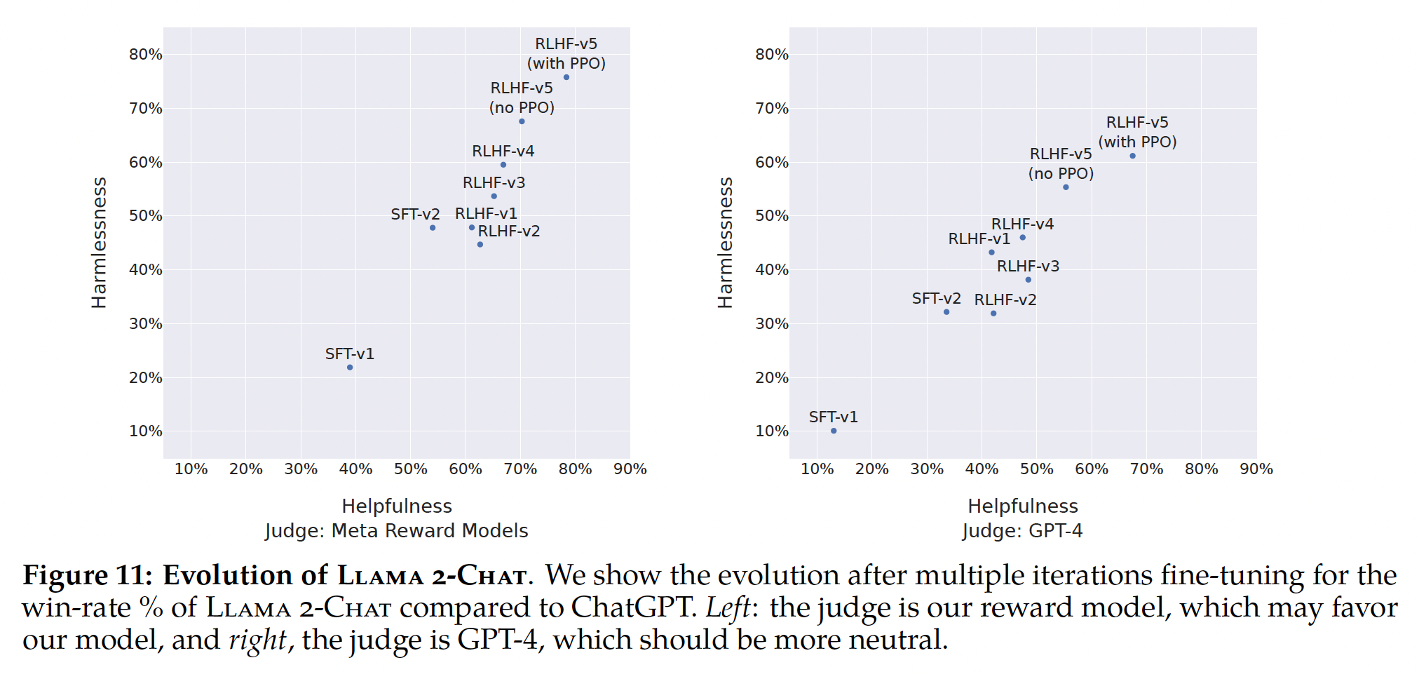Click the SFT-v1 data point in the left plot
[350, 368]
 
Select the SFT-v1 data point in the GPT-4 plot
[834, 431]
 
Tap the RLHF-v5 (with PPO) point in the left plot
[566, 77]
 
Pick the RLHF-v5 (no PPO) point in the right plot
[1066, 187]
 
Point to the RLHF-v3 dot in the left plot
[494, 196]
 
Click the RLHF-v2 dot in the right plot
[993, 314]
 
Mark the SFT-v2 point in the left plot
[433, 228]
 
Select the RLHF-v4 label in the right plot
[1022, 224]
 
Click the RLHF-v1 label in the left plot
[486, 213]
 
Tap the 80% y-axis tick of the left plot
[146, 55]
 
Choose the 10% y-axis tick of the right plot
[772, 431]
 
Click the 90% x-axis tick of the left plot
[630, 469]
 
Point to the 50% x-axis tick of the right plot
[1037, 469]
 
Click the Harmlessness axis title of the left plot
[100, 243]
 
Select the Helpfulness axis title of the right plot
[1023, 506]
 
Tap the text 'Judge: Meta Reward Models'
[397, 531]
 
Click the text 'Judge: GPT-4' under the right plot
[1023, 531]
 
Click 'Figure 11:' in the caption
[88, 575]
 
